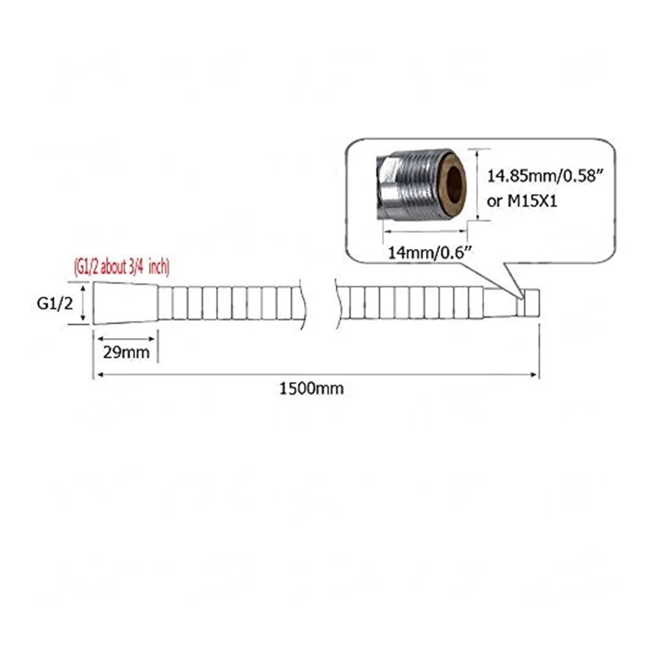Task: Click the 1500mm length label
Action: point(311,389)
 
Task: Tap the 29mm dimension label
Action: point(126,352)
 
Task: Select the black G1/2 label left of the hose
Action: point(55,303)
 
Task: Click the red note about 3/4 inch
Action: point(121,267)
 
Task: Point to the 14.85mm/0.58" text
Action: point(545,177)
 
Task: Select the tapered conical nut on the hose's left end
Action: point(125,303)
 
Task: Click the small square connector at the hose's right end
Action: point(531,302)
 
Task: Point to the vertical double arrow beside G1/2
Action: point(83,303)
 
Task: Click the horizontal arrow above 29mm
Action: point(126,339)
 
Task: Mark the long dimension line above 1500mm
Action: point(317,374)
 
